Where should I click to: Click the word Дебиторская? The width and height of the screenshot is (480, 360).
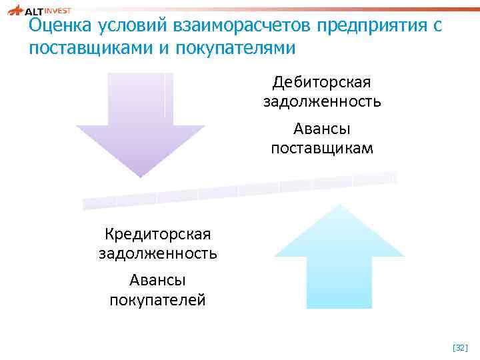point(322,83)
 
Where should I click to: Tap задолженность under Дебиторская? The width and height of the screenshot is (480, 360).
point(322,102)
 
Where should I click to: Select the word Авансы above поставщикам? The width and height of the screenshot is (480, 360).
point(322,128)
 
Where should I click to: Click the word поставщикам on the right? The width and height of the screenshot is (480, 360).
point(322,147)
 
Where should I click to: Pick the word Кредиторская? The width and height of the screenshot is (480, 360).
point(158,234)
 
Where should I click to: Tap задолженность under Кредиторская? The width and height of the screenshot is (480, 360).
point(158,253)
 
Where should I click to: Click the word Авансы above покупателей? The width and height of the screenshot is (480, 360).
point(158,280)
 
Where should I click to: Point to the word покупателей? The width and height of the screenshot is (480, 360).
point(158,299)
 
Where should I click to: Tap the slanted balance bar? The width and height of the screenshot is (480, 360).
point(240,190)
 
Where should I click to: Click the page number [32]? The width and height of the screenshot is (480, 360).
point(460,348)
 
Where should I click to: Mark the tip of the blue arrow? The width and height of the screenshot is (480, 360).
point(339,205)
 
